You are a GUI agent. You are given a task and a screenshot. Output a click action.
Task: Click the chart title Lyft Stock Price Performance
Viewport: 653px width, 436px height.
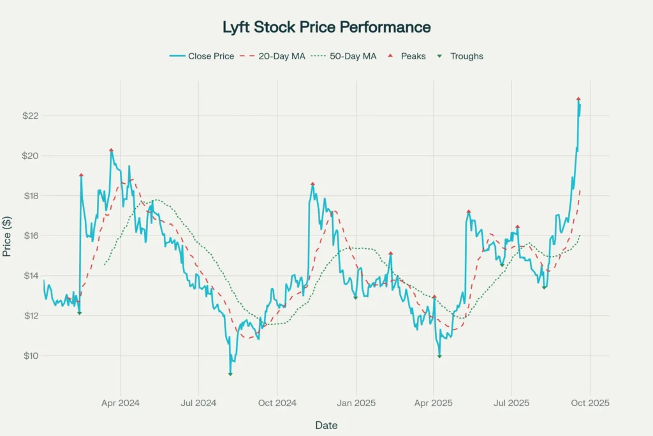pos(326,27)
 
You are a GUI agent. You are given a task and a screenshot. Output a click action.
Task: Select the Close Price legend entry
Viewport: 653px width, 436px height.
pos(202,56)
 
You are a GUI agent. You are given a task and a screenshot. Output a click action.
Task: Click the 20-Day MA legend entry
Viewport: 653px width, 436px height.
pos(272,56)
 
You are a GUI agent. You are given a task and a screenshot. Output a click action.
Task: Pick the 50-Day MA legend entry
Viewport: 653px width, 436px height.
pos(344,56)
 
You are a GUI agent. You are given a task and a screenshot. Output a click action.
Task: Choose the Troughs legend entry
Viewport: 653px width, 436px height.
pos(460,56)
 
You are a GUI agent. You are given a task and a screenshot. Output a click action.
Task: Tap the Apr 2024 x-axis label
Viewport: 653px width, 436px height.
pos(121,403)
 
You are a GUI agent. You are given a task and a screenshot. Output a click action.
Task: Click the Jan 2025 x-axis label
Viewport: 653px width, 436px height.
pos(356,403)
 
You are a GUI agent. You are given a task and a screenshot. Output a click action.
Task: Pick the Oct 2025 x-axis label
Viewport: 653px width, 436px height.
pos(590,403)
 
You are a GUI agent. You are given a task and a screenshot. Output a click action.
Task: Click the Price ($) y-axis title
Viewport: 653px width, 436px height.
pos(7,236)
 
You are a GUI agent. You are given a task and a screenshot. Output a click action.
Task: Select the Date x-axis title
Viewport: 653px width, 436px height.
pos(326,425)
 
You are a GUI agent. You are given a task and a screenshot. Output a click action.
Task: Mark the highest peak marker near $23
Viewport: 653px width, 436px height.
pos(578,99)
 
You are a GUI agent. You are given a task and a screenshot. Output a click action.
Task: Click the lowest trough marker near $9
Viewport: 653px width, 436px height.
pos(230,374)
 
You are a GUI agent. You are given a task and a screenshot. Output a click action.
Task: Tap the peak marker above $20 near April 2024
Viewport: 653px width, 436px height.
pos(111,150)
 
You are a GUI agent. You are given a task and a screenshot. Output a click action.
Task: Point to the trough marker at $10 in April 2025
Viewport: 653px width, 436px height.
pos(439,356)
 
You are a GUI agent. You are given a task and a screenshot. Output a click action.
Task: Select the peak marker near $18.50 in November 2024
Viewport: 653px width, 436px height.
pos(312,184)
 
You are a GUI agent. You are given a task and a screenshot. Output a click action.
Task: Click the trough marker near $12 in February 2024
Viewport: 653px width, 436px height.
pos(79,313)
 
